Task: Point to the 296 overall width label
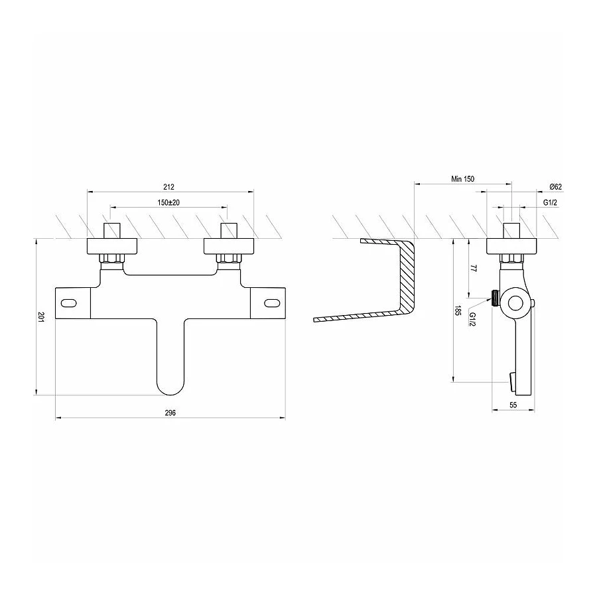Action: pos(170,413)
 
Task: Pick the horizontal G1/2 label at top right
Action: pos(550,202)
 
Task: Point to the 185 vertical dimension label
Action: pos(458,311)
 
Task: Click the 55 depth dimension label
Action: pos(513,405)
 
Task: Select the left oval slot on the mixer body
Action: pos(69,303)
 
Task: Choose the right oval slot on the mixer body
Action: pos(272,303)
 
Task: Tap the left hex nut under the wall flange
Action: pos(112,258)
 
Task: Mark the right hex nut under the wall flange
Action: pos(229,258)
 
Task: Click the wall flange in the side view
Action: pos(511,245)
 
